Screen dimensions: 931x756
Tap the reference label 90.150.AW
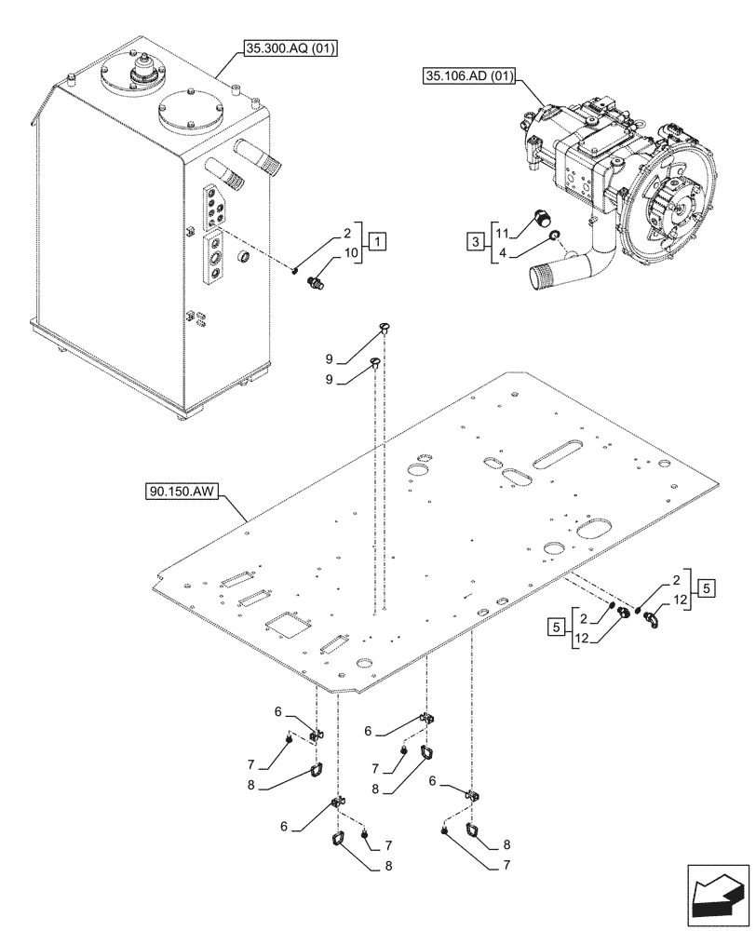(182, 492)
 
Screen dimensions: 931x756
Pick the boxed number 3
(475, 244)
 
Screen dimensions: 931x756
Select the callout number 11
(501, 233)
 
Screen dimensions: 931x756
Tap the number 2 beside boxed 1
(346, 234)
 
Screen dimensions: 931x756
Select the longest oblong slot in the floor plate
(560, 455)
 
